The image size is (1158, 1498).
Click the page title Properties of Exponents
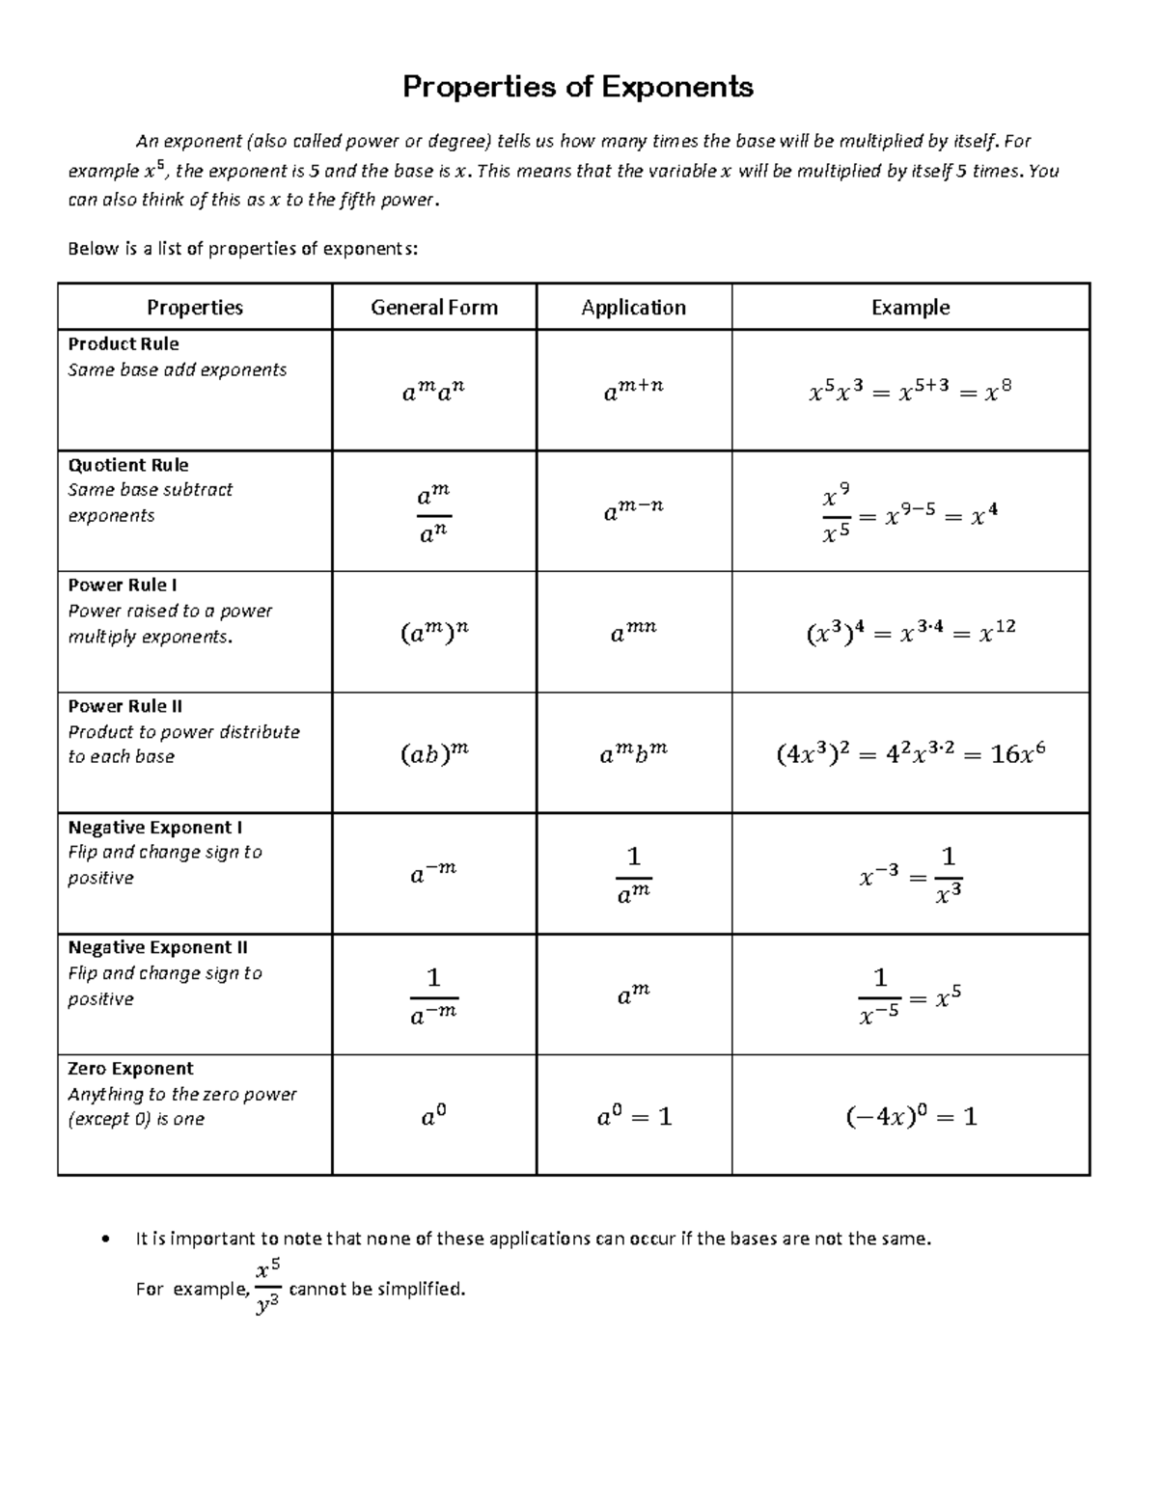click(577, 87)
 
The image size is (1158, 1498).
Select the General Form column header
click(434, 308)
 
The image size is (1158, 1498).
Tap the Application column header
click(633, 308)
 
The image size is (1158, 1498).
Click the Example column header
click(910, 308)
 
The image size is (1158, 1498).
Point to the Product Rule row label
click(124, 344)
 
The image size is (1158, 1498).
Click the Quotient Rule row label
click(128, 465)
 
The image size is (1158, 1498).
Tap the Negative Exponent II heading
click(158, 948)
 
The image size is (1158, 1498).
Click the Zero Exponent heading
click(130, 1069)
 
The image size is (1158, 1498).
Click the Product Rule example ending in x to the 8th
click(910, 391)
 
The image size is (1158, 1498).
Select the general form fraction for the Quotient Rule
click(434, 513)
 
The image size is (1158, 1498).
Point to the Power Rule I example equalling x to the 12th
click(910, 633)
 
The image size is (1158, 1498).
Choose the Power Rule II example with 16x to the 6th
click(911, 753)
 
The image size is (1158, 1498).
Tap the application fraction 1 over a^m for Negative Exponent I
click(634, 874)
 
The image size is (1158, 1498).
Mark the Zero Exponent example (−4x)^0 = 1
click(911, 1117)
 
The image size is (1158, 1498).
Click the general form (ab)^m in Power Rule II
click(434, 753)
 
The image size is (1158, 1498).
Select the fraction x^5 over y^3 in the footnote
click(268, 1287)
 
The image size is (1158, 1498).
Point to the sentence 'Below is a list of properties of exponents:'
click(243, 249)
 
